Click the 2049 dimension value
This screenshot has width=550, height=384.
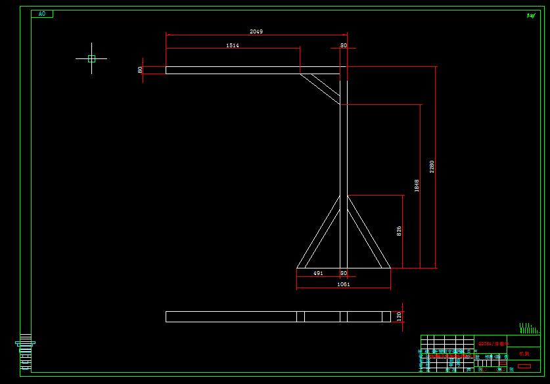[257, 31]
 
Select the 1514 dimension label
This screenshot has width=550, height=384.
[232, 45]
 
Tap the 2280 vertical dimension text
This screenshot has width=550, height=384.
[432, 166]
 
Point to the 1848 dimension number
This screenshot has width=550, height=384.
[417, 185]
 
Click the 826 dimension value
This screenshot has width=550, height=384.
[399, 231]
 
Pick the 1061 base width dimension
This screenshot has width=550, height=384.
[343, 284]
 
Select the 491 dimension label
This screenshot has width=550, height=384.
[317, 272]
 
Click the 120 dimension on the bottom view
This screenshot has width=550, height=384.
[398, 316]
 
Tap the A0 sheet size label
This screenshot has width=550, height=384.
[42, 13]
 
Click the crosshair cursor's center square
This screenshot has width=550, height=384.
[91, 58]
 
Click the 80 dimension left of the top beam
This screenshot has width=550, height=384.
[140, 70]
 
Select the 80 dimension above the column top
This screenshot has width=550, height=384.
[343, 45]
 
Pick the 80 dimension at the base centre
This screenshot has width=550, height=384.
[343, 272]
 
